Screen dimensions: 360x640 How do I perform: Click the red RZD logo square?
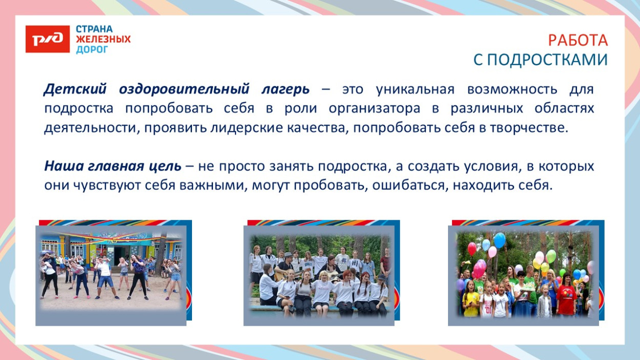click(47, 39)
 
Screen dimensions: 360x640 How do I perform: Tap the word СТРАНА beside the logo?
click(94, 29)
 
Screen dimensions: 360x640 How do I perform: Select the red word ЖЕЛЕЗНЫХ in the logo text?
click(103, 39)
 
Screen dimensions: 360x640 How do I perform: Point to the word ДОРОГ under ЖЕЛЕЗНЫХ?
click(92, 50)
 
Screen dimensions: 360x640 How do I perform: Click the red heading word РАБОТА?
click(578, 40)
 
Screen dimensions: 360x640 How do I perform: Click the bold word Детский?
click(75, 89)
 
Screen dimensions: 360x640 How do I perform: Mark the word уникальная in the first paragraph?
click(415, 89)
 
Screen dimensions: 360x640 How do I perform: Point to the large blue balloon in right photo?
click(499, 240)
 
